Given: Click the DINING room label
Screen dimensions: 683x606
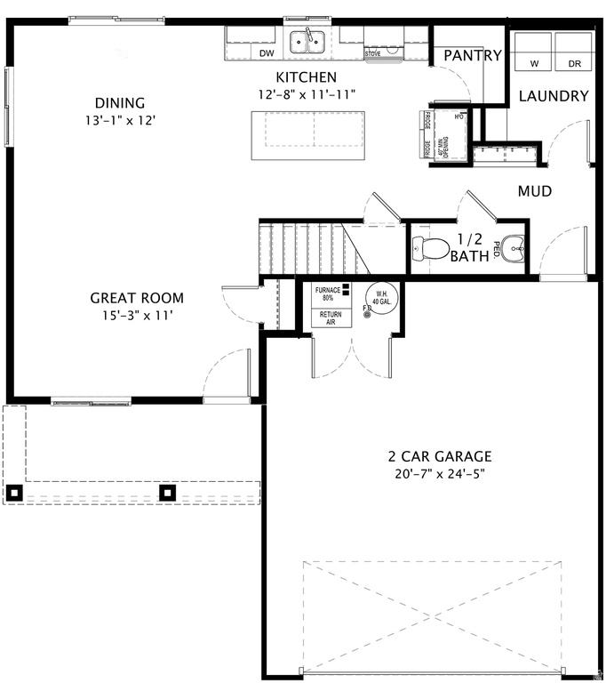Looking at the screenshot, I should [x=119, y=103].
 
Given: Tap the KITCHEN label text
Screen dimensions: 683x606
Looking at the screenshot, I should [x=306, y=77].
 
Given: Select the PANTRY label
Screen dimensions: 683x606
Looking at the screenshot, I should [x=473, y=55].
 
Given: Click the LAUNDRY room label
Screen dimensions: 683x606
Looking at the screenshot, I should [x=553, y=96].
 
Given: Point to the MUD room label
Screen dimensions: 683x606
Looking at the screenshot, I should [x=535, y=191].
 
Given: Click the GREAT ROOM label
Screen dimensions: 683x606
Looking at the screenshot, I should [x=137, y=298].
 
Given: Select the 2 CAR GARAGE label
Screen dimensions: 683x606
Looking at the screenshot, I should [x=439, y=456].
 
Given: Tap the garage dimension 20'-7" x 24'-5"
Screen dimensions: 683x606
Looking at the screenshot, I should [x=439, y=473].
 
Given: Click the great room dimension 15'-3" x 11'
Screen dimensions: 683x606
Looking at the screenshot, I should [x=137, y=314].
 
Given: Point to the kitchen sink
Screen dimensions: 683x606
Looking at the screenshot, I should [x=308, y=41].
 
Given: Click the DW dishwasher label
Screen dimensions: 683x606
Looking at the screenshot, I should [x=267, y=53].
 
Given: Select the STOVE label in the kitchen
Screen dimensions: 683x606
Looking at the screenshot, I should [x=373, y=54].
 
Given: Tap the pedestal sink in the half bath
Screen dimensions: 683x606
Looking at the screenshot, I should [x=510, y=246].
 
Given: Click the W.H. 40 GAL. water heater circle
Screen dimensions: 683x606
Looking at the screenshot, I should [x=383, y=297].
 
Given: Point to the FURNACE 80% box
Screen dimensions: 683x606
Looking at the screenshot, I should [x=330, y=294].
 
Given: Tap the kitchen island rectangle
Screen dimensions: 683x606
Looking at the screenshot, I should [x=308, y=135].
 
